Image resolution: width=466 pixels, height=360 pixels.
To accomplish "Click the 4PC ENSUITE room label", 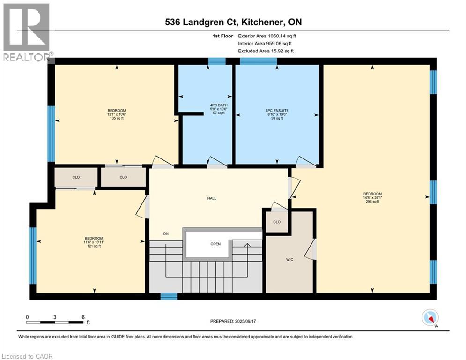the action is click(277, 110).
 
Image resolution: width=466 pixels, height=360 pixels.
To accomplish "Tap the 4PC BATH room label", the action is click(219, 105).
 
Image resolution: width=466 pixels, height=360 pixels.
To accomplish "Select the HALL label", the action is click(212, 198).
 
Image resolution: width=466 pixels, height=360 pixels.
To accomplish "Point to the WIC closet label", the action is click(289, 259).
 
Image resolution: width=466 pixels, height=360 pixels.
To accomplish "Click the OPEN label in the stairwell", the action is click(215, 244).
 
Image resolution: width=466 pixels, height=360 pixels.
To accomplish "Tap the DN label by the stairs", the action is click(166, 233).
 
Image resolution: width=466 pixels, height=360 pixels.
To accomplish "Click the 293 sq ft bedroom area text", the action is click(372, 202).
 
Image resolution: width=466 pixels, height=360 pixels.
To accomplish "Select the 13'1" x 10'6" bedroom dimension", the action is click(117, 114).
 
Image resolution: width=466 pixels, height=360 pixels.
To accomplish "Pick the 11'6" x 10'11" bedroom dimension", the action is click(94, 242).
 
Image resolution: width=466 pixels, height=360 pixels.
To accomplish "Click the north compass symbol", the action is click(430, 318).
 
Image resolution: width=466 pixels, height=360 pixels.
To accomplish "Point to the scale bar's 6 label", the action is click(83, 317).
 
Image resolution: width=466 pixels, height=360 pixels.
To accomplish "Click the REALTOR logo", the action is click(27, 32).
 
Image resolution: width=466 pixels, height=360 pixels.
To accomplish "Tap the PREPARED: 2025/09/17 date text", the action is click(233, 321).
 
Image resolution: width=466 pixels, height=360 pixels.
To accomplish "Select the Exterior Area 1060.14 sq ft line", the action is click(267, 36).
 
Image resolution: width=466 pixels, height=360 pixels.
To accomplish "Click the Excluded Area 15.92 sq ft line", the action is click(266, 51).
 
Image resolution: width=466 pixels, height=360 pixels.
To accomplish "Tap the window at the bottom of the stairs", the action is click(169, 296).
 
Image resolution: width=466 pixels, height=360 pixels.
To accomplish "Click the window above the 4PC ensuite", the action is click(258, 61).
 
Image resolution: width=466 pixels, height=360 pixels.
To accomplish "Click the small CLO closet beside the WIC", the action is click(277, 222).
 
